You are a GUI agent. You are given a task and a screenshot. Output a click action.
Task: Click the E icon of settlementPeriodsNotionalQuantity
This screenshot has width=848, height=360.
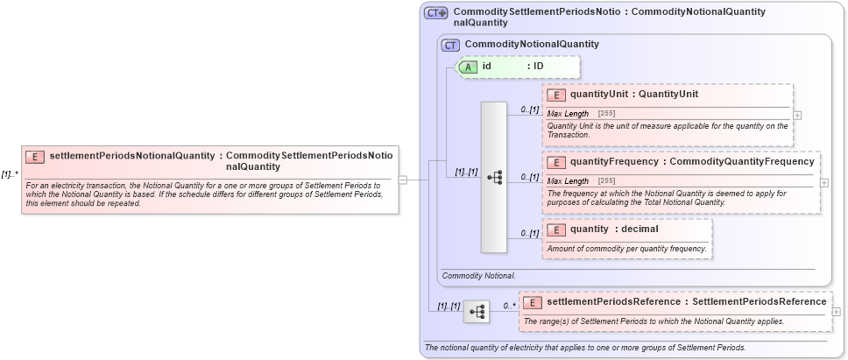35,157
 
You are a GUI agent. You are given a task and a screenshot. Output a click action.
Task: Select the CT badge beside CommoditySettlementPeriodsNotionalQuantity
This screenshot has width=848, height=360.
435,13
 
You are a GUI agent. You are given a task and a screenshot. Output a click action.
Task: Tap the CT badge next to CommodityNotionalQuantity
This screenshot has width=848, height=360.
450,45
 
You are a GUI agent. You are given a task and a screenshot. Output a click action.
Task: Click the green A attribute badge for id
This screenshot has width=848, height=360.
468,67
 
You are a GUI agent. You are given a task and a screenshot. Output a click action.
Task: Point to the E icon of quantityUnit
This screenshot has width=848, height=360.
555,95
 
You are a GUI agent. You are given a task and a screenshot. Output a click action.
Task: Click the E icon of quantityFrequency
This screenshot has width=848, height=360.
555,162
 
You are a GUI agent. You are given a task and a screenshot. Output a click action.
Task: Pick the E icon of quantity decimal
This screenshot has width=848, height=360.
555,229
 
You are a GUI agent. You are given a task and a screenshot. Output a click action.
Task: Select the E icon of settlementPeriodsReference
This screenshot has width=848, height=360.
532,302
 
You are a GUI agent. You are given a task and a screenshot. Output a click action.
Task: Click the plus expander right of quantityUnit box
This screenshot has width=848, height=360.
797,115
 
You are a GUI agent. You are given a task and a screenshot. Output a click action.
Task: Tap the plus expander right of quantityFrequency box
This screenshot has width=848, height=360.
824,182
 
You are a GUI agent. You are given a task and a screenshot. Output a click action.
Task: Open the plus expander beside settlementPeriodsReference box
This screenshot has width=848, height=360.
837,311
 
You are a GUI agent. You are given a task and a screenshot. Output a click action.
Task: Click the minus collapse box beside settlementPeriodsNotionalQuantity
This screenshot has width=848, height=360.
403,180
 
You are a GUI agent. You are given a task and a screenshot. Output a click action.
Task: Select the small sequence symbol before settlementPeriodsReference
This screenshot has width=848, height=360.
477,311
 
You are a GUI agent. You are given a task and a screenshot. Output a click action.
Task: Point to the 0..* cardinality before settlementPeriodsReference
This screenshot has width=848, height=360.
508,306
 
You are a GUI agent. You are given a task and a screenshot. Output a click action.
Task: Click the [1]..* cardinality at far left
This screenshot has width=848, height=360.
10,174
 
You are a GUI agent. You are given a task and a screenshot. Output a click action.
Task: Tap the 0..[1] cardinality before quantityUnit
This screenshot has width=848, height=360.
529,109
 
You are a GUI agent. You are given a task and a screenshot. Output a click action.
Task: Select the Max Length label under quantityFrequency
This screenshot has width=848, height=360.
568,180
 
